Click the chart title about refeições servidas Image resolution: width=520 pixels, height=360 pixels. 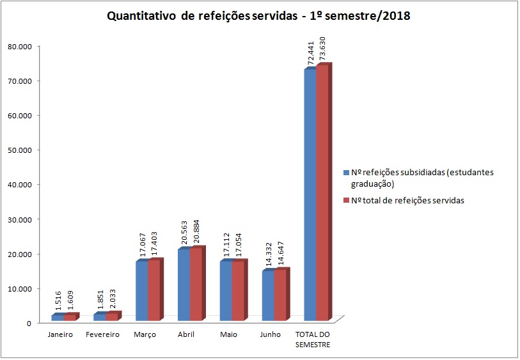click(258, 17)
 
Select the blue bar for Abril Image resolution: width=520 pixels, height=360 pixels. click(184, 285)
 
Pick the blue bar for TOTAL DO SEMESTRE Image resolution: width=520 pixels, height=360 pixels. click(310, 195)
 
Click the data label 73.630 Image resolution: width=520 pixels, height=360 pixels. click(323, 48)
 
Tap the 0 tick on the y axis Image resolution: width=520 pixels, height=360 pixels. click(29, 323)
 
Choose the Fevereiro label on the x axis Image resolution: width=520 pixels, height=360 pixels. click(102, 335)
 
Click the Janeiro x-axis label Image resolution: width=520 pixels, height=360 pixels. click(60, 335)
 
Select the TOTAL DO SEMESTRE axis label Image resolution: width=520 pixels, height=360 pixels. click(313, 340)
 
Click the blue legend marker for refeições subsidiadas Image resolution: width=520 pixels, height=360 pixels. click(346, 173)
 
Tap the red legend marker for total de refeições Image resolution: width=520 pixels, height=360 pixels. click(346, 201)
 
